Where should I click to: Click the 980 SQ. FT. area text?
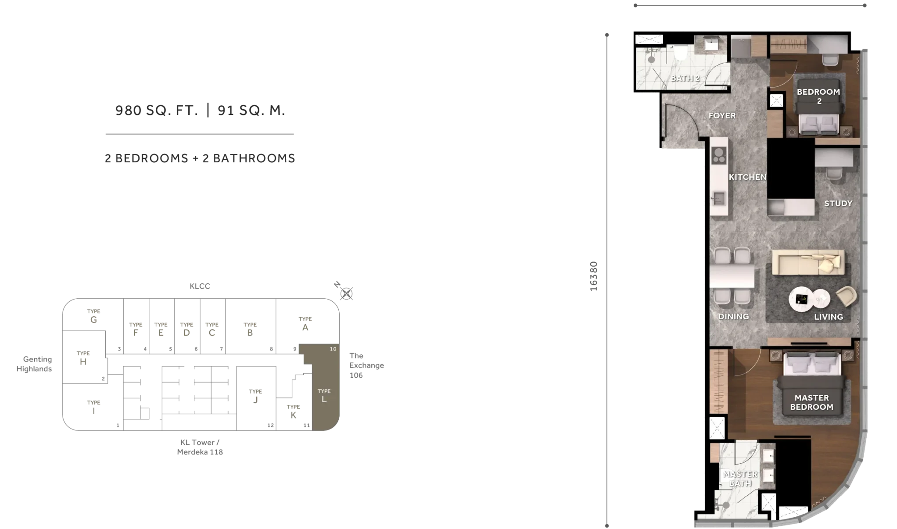[157, 110]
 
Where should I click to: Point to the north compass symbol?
[346, 293]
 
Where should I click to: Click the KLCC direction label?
[200, 286]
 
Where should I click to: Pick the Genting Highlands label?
[34, 364]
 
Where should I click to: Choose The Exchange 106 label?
[366, 365]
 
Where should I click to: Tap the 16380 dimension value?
[593, 276]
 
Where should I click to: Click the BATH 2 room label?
[685, 79]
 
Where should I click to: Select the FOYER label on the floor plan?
[722, 116]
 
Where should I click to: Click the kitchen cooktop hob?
[719, 155]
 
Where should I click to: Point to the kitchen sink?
[718, 199]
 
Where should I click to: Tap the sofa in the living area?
[808, 262]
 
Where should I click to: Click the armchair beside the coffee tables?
[847, 296]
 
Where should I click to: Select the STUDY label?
[838, 204]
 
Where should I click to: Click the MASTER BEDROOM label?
[811, 402]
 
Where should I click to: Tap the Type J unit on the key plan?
[255, 397]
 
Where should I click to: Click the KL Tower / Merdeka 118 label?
[200, 447]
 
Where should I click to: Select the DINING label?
[733, 317]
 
